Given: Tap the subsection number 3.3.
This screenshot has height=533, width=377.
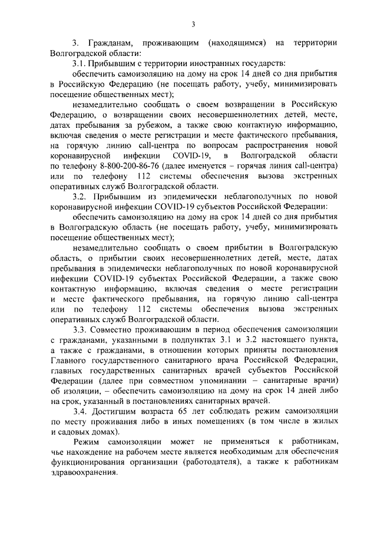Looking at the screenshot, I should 80,329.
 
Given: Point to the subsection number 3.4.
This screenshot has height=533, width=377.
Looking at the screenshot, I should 80,409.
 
